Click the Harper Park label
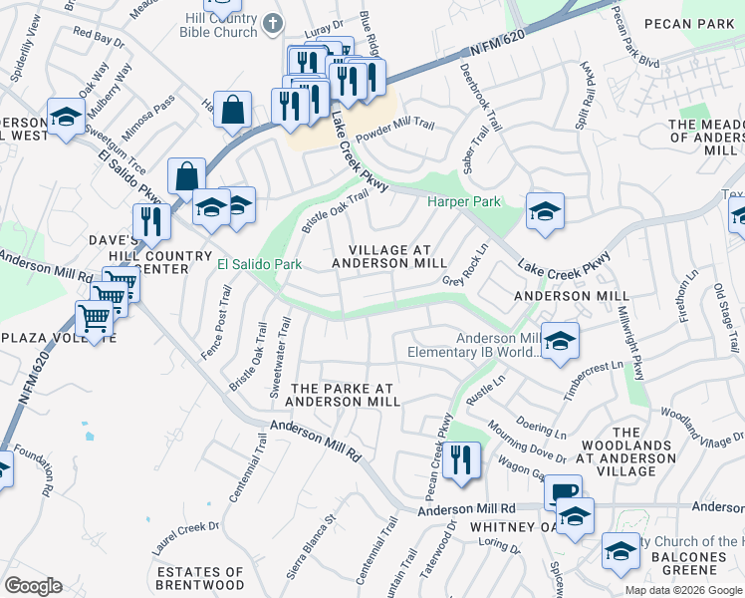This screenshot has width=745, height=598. [x=464, y=202]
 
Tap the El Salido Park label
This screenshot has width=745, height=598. [x=259, y=264]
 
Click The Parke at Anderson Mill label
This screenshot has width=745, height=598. [x=343, y=394]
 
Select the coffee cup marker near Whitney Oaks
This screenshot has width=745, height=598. [x=563, y=492]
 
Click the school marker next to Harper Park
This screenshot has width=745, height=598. [x=545, y=211]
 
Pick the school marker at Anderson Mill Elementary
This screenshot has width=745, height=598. [x=560, y=341]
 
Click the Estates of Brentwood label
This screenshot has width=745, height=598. [x=199, y=578]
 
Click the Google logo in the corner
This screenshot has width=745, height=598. [x=33, y=586]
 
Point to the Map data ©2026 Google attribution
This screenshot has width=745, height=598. [x=682, y=590]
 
